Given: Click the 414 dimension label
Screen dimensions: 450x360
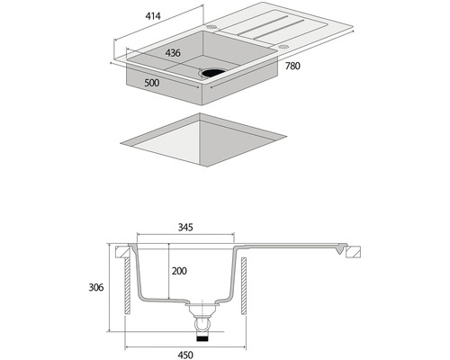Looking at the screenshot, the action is tap(153, 16).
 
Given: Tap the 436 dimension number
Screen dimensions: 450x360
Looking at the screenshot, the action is tap(173, 53).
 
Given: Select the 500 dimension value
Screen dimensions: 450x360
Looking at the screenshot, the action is tap(152, 83).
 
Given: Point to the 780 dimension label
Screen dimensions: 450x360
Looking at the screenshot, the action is tap(292, 66).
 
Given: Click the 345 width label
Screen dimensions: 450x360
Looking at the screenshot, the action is tap(185, 228).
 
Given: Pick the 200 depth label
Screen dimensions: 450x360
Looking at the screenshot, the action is tap(179, 271).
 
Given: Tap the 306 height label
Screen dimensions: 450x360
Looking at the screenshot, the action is tap(96, 287).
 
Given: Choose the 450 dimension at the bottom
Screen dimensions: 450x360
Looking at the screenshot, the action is tap(185, 355).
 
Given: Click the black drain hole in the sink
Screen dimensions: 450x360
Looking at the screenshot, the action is tap(212, 73).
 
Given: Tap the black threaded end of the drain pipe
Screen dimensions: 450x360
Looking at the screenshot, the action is tap(202, 338).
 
